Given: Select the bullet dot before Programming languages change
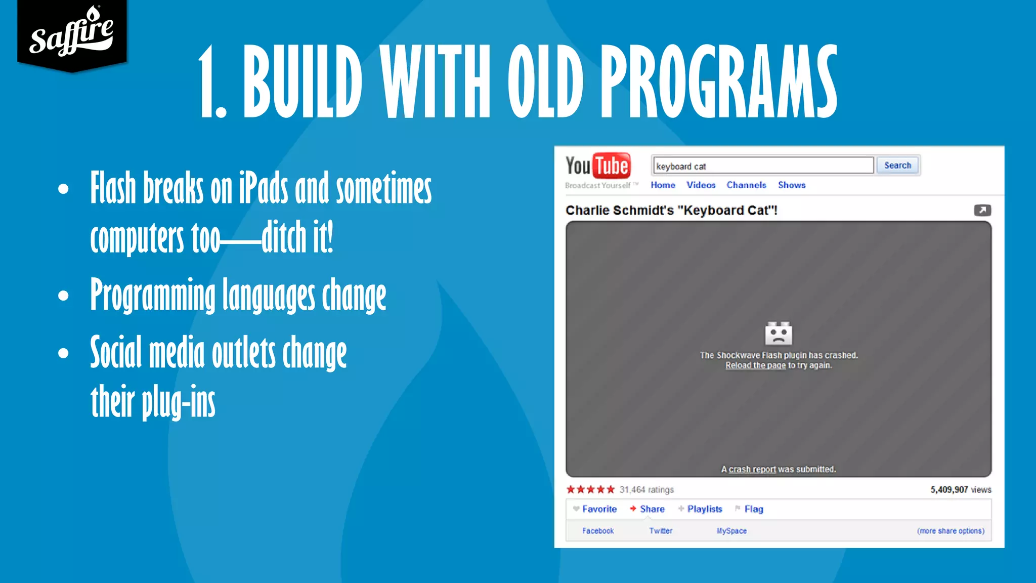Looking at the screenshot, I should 63,295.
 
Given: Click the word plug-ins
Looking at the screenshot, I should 178,402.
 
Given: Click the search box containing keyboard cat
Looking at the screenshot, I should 763,166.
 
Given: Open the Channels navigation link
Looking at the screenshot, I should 746,185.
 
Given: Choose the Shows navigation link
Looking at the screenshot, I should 792,185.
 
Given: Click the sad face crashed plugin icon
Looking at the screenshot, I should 779,334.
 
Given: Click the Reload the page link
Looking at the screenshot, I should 755,365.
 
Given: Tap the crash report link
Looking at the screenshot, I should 752,470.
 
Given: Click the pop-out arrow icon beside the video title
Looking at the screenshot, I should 982,210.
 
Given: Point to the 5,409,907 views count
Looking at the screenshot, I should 960,489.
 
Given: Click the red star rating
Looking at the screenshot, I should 590,489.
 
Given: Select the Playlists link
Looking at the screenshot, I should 704,509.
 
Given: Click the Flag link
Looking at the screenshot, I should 753,509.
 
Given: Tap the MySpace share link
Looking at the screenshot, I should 731,531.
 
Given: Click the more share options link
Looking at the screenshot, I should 951,531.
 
